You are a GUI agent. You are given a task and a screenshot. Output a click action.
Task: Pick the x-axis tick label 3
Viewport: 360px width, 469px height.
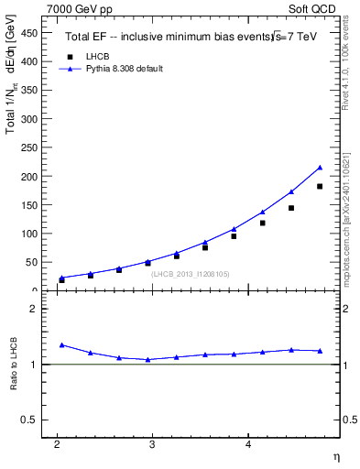[152, 444]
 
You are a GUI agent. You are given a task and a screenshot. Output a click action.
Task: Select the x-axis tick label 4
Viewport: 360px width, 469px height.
[247, 444]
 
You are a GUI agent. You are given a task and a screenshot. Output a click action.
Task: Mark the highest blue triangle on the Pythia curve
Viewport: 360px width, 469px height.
[320, 168]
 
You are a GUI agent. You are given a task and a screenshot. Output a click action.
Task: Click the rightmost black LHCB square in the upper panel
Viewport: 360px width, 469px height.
[320, 186]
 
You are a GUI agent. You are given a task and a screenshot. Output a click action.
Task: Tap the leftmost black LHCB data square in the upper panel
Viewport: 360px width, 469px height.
[61, 280]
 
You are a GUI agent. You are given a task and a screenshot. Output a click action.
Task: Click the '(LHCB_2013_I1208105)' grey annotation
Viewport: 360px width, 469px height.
[190, 273]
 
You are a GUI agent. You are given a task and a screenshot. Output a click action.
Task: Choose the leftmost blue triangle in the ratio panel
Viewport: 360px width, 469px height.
[61, 344]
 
